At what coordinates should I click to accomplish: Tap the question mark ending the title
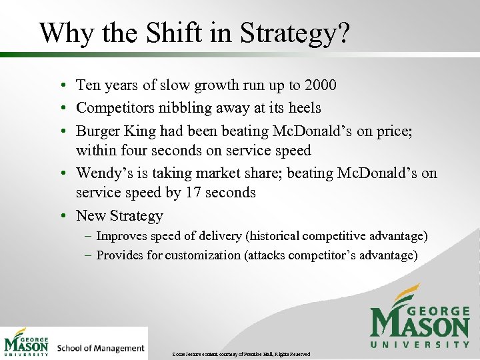tap(341, 33)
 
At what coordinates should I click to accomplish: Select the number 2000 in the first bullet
tap(320, 85)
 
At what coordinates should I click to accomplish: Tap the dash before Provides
tap(89, 255)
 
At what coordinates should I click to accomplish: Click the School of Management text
tap(101, 348)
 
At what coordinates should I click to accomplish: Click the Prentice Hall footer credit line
tap(241, 353)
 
